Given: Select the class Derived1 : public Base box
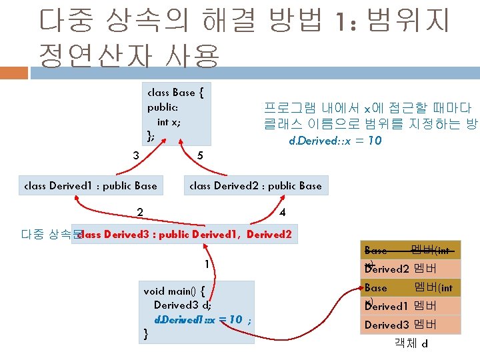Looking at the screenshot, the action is [x=90, y=186].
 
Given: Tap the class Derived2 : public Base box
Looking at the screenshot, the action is [x=255, y=186].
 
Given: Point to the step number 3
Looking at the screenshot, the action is [x=135, y=155].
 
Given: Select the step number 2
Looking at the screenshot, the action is [x=139, y=213].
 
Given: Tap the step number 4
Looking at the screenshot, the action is [x=283, y=213].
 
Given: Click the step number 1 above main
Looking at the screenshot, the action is [x=207, y=264].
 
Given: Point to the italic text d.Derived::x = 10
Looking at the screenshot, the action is [x=335, y=141].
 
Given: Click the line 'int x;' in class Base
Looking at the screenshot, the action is [x=169, y=122].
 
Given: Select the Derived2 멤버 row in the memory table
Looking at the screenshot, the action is [x=410, y=269].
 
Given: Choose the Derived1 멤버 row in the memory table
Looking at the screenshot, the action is [x=410, y=306].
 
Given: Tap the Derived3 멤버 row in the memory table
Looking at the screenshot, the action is [x=410, y=325].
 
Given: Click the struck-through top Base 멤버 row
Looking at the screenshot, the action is [x=410, y=251].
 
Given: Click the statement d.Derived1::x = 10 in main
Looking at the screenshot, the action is [x=198, y=319].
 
